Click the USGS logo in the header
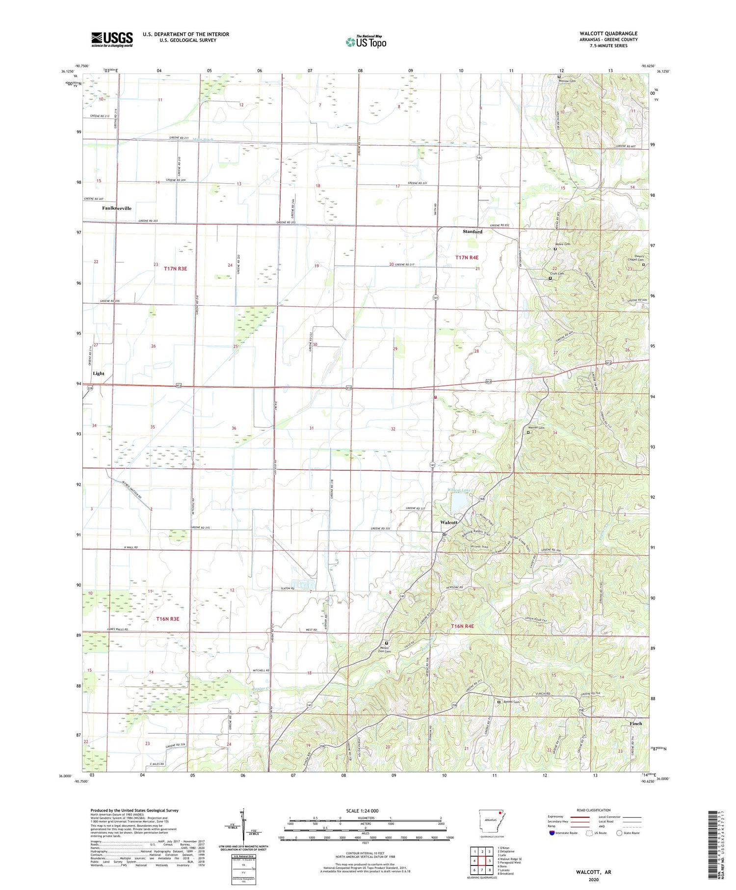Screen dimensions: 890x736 tap(112, 39)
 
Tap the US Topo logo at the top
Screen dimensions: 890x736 tap(366, 42)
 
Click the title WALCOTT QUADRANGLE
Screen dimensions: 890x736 tap(608, 33)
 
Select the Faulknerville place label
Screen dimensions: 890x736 tap(117, 208)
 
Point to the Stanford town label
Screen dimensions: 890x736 tap(473, 231)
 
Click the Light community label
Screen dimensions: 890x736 tap(99, 373)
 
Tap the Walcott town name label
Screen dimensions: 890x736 tap(449, 522)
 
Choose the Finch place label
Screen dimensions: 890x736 tap(636, 724)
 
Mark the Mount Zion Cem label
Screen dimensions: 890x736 tap(387, 649)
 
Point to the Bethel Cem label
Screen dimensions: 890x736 tap(510, 701)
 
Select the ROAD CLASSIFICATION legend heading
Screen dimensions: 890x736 tap(594, 810)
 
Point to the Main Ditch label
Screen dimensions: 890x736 tap(203, 140)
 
